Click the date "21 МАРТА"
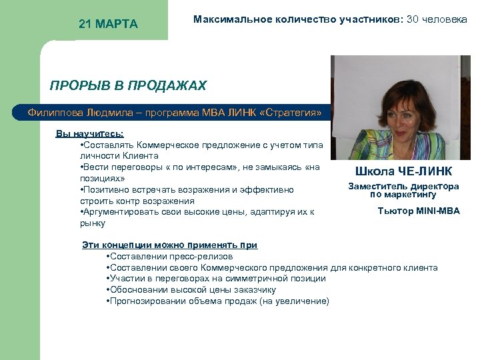pos(108,25)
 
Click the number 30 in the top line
pos(413,19)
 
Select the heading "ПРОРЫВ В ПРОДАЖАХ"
pos(128,86)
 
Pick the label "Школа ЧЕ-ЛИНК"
pos(404,171)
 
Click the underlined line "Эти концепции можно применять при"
pos(169,245)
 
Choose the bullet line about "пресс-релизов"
pos(169,256)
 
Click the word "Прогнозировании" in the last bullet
pos(144,301)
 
